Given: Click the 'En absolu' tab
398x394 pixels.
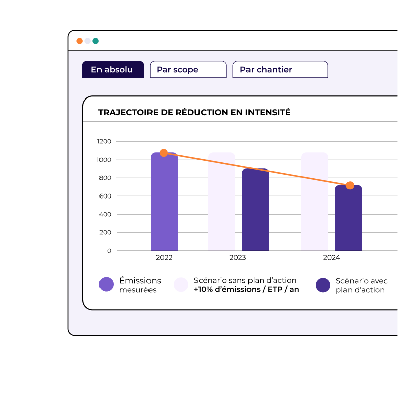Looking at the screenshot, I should click(x=113, y=70).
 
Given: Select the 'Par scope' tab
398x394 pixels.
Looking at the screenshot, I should click(x=187, y=70).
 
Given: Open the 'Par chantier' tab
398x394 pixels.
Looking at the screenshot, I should click(x=280, y=70).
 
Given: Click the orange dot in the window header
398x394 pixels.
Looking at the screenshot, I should click(x=80, y=41).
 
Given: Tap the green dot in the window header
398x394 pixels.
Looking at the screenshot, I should click(x=95, y=41).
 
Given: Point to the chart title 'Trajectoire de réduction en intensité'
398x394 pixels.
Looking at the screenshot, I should click(x=194, y=112).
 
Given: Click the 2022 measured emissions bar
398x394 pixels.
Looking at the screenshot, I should click(x=164, y=202).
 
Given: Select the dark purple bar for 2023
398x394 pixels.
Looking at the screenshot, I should click(x=255, y=210).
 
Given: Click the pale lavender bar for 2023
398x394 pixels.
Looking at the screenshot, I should click(x=222, y=202).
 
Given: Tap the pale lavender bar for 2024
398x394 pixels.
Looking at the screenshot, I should click(x=314, y=202).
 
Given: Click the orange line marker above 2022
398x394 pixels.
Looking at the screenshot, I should click(x=164, y=153).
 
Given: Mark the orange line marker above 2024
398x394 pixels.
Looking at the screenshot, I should click(x=350, y=185).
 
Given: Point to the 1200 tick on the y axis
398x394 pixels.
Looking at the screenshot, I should click(x=104, y=141).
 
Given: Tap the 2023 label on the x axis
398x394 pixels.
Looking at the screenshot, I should click(x=238, y=258).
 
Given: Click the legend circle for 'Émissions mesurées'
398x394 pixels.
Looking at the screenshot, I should click(x=106, y=285).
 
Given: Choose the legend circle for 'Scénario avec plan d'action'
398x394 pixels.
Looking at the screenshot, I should click(x=323, y=285).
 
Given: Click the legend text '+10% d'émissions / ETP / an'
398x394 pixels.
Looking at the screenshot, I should click(x=246, y=290).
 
